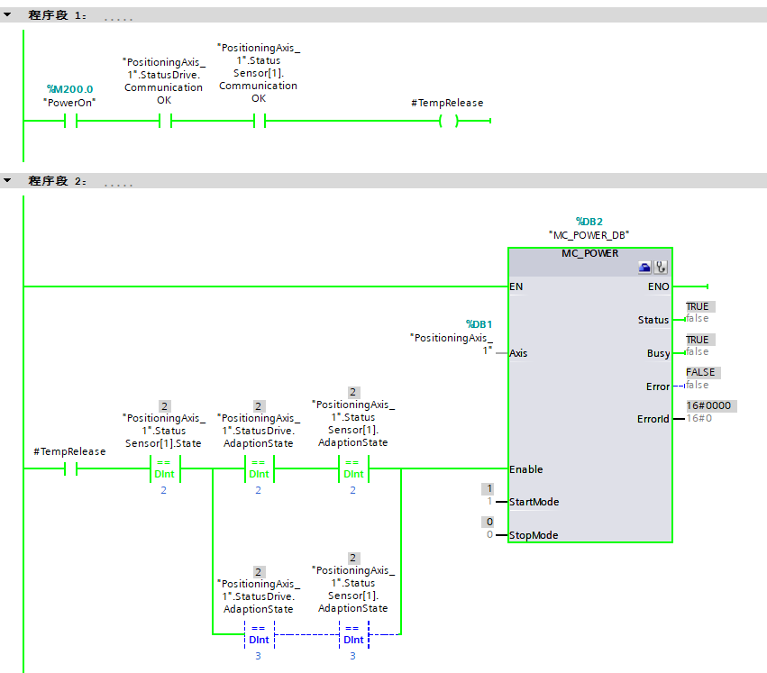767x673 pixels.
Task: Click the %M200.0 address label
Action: (69, 89)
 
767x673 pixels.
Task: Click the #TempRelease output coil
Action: (448, 122)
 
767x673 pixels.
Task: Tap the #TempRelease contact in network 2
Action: (70, 469)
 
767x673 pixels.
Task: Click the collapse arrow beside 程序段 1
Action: (8, 15)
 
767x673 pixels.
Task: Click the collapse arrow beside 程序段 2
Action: (8, 181)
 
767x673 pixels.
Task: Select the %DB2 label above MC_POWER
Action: (589, 221)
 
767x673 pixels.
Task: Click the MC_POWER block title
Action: (590, 253)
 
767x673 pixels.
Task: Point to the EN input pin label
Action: (516, 286)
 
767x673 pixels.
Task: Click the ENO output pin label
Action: (658, 286)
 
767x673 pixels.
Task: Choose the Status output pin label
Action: (653, 320)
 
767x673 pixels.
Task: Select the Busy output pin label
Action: (657, 353)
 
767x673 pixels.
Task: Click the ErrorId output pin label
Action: (653, 419)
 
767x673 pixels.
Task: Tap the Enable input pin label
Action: (526, 469)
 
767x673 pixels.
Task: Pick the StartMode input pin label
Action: (533, 502)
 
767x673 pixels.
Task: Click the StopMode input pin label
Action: (534, 535)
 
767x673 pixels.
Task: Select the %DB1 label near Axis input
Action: (479, 323)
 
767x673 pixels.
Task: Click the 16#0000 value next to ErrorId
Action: (708, 406)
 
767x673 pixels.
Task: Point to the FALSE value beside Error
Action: (700, 372)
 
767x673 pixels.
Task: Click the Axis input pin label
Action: (518, 353)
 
